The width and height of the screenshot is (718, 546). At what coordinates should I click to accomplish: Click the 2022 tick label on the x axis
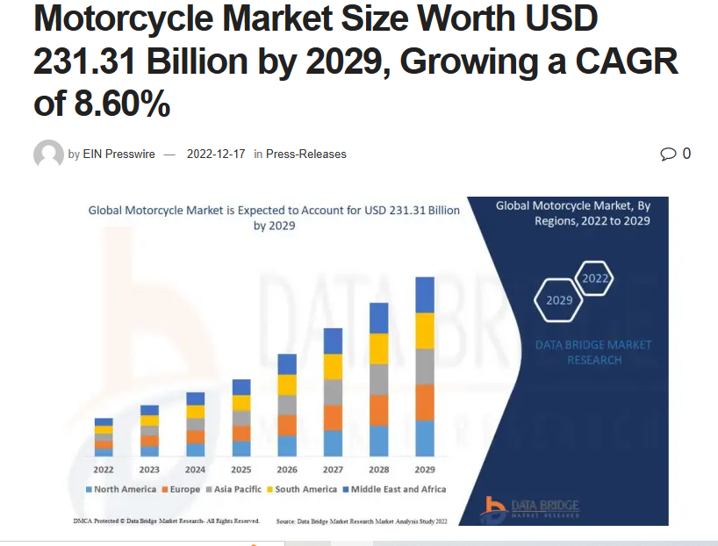104,470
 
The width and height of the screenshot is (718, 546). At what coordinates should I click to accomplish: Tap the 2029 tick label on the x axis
425,470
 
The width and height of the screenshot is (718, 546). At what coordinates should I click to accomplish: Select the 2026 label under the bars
287,470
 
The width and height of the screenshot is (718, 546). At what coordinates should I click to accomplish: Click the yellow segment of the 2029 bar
425,331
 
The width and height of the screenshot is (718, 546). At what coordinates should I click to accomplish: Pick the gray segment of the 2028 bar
379,379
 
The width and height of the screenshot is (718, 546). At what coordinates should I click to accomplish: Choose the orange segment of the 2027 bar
333,417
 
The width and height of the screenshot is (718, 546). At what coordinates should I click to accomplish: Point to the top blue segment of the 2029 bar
425,295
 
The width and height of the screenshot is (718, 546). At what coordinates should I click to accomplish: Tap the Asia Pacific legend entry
235,489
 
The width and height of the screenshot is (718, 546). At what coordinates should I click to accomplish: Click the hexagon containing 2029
559,299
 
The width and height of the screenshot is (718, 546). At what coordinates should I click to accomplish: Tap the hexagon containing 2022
594,278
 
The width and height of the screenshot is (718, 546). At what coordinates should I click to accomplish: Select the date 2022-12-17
216,154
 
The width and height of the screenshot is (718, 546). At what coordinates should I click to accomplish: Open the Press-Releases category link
305,154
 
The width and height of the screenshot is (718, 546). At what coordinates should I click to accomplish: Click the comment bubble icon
669,154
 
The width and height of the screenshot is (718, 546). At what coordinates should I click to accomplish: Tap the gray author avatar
48,154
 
